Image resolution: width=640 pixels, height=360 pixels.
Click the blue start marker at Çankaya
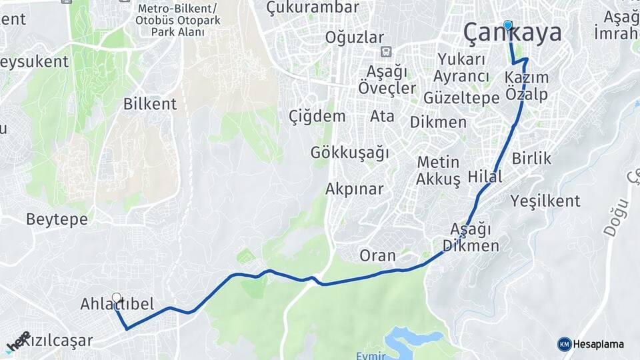click(x=508, y=25)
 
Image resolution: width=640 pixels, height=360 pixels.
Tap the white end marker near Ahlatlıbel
click(x=117, y=298)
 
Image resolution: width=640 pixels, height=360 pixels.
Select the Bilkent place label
click(x=150, y=104)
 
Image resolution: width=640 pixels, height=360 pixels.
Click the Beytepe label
click(x=57, y=219)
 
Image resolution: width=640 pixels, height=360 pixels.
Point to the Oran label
click(x=377, y=255)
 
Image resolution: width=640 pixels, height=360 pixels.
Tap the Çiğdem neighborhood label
click(x=317, y=117)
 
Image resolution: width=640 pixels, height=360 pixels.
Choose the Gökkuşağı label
click(x=349, y=153)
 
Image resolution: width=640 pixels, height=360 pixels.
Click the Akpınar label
click(x=354, y=189)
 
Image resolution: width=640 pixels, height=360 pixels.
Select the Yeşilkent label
click(x=545, y=201)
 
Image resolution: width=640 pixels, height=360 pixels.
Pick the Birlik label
click(x=532, y=159)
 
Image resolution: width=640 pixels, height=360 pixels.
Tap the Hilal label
click(x=485, y=177)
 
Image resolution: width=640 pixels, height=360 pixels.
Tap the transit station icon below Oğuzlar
click(x=385, y=52)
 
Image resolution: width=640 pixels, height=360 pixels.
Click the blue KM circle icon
click(x=564, y=344)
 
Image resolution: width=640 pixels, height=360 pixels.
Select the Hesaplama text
click(x=598, y=345)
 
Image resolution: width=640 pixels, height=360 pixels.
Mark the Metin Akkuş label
click(x=438, y=171)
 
